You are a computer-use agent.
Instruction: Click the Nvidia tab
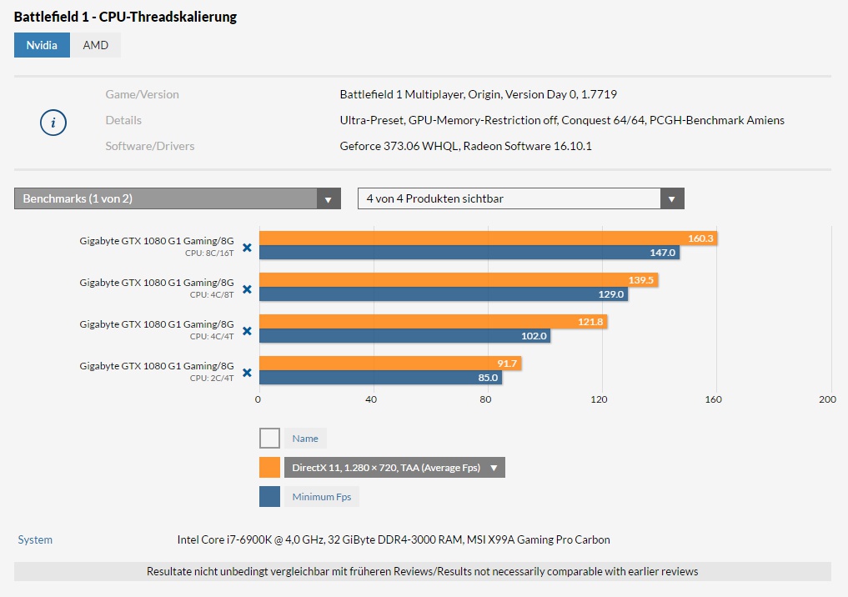point(42,45)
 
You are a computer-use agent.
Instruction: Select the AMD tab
point(96,45)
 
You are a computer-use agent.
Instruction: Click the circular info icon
point(53,123)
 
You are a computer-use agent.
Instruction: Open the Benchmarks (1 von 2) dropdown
point(178,198)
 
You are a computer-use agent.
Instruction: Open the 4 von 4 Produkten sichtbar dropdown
point(521,198)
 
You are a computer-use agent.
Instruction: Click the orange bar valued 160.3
point(489,238)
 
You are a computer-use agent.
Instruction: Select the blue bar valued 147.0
point(469,253)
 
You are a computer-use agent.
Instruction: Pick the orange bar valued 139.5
point(459,280)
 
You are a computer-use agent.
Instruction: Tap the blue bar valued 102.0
point(405,336)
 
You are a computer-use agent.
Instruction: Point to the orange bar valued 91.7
point(390,364)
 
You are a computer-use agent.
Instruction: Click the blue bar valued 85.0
point(381,378)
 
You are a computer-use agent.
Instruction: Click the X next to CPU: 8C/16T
point(247,248)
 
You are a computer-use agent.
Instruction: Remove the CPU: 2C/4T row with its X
point(247,373)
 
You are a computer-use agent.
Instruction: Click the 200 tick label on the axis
point(827,399)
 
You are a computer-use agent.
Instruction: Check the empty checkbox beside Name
point(270,439)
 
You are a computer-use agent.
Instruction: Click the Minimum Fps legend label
point(322,497)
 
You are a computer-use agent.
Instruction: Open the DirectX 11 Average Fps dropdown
point(394,468)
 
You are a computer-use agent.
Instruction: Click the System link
point(35,539)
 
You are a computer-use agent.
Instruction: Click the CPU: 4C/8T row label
point(212,294)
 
